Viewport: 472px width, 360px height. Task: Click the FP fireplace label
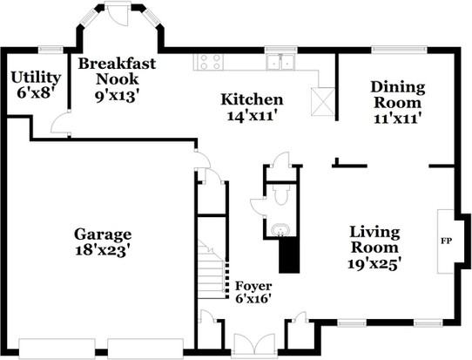tap(447, 241)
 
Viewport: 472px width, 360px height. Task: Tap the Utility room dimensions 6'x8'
tap(36, 93)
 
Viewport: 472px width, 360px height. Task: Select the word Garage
tap(103, 234)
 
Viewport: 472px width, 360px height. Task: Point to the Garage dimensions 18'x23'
tap(103, 250)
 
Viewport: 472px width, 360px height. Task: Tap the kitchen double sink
tap(280, 62)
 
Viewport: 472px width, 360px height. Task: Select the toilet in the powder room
tap(281, 194)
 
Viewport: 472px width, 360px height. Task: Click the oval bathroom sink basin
tap(280, 231)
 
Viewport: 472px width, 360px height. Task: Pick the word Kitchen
tap(252, 99)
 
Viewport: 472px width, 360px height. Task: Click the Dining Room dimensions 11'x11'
tap(397, 118)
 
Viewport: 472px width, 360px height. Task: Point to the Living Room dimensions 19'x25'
tap(374, 264)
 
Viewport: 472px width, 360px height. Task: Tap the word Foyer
tap(253, 286)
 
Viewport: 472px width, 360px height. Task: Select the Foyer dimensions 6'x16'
tap(253, 299)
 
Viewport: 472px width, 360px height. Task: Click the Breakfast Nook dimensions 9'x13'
tap(117, 96)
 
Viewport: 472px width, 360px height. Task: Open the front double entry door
tap(254, 343)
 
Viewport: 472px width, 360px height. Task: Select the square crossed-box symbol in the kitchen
tap(323, 101)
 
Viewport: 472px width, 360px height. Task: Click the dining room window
tap(399, 49)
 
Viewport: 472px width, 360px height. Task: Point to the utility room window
tap(51, 50)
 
